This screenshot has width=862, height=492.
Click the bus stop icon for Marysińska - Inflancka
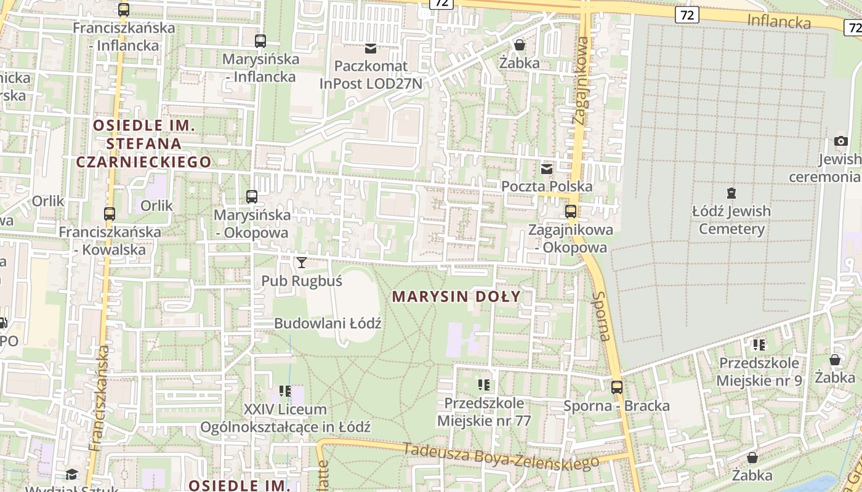tap(260, 41)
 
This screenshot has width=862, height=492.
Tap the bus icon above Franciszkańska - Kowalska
tap(110, 214)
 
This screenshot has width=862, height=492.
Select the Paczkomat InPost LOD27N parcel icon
tap(371, 48)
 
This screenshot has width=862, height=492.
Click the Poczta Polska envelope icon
tap(546, 169)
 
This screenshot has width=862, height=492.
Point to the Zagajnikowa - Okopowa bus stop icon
tap(571, 212)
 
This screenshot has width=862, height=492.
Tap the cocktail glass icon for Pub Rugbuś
tap(301, 263)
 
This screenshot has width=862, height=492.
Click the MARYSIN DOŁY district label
tap(456, 296)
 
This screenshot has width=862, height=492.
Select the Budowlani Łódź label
tap(328, 323)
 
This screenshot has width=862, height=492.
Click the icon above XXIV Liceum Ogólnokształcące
tap(284, 391)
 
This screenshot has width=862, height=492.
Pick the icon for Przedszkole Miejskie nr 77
tap(484, 385)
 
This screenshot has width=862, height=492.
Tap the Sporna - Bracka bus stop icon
tap(616, 387)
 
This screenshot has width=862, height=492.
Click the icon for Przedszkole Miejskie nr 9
tap(759, 344)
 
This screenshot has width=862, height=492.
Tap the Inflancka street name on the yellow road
tap(778, 21)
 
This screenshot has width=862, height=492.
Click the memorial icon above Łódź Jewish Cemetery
tap(731, 193)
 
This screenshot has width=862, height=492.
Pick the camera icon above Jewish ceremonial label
tap(840, 141)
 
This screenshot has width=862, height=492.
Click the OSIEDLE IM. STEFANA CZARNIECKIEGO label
tap(143, 144)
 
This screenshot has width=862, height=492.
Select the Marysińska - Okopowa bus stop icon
tap(251, 197)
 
